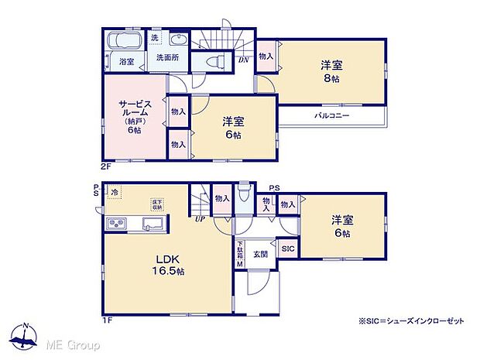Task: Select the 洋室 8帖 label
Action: [x=334, y=72]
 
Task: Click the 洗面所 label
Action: [x=164, y=57]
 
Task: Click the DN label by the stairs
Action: [x=242, y=60]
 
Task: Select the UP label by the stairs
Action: [x=200, y=219]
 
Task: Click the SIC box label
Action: [x=286, y=249]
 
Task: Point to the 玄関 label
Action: [x=259, y=252]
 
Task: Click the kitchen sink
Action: [x=152, y=225]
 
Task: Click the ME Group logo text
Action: [x=74, y=343]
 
